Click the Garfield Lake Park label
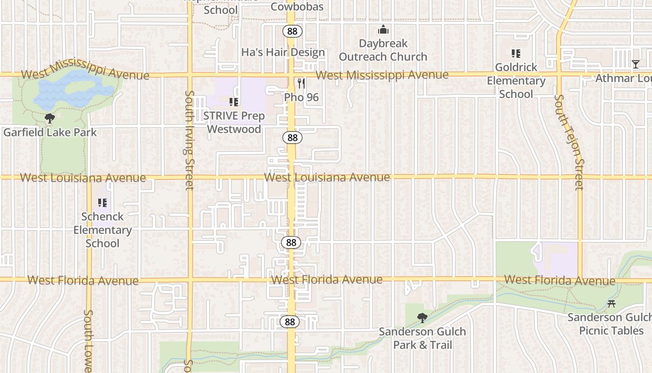click(x=50, y=132)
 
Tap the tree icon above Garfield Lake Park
click(x=49, y=118)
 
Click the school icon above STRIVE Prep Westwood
click(x=234, y=102)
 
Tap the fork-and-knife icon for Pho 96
click(x=301, y=83)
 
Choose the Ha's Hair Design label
click(x=283, y=52)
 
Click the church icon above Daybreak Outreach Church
click(x=383, y=30)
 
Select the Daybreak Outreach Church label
click(x=383, y=50)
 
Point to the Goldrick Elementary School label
click(x=516, y=80)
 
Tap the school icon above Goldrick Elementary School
click(x=516, y=54)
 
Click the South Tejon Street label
click(x=576, y=142)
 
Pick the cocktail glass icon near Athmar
click(x=636, y=64)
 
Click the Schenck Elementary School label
click(x=102, y=230)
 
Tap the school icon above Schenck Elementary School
click(x=102, y=203)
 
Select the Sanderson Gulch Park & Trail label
click(x=422, y=338)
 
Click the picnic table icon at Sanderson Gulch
click(x=611, y=304)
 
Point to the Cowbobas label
click(x=297, y=7)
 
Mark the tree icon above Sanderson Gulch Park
click(x=422, y=318)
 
